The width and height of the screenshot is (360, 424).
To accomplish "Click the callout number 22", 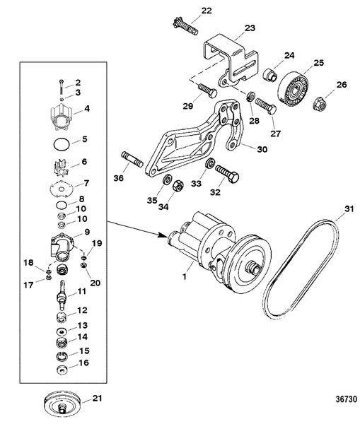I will pyautogui.click(x=187, y=10).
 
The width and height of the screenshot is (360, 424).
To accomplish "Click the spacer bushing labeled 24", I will pyautogui.click(x=269, y=75).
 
